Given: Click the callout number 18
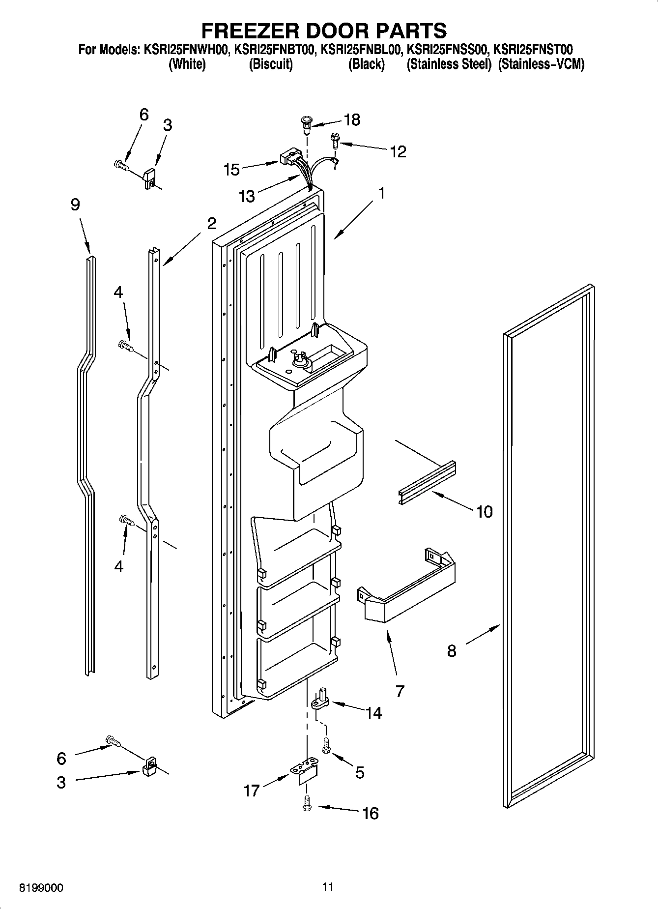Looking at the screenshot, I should pos(352,119).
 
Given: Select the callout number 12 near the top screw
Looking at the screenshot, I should pos(398,151).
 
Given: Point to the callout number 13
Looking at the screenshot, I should pos(247,196).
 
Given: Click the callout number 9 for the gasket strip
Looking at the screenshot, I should pos(75,204).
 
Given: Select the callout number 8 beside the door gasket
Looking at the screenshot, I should pos(452,651).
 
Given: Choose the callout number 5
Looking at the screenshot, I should pos(360,772).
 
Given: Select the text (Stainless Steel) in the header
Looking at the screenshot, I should pos(449,64).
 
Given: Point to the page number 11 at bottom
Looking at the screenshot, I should pos(328,886).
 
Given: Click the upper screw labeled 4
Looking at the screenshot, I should pos(125,346).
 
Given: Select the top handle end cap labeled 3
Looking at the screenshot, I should pos(149,178).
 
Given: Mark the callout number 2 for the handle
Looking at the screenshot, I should pos(211,224).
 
